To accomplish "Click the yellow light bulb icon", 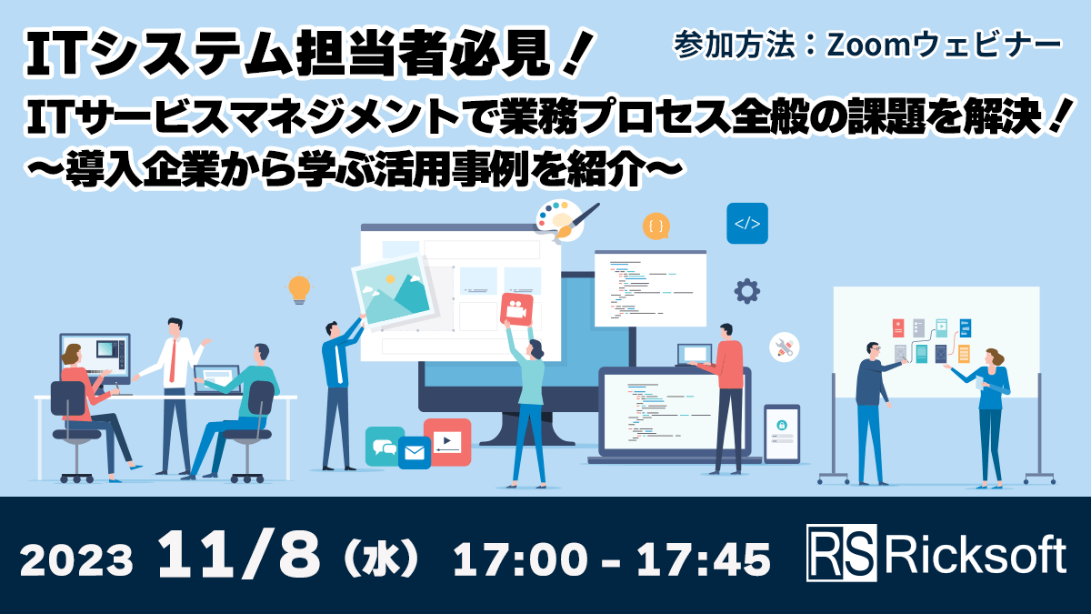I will point(299,288).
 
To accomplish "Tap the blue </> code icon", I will point(746,223).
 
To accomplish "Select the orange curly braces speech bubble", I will point(656,226).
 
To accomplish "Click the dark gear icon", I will point(746,291).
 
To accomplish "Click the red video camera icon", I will point(516,308).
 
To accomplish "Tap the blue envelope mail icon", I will point(414,452).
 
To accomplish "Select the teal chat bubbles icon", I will point(385,446).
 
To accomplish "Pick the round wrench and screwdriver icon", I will point(784,347).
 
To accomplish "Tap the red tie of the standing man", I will point(173,362).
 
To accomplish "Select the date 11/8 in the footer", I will point(239,555).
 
